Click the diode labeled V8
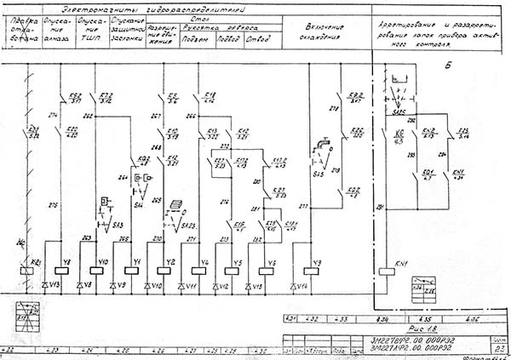(x=83, y=284)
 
